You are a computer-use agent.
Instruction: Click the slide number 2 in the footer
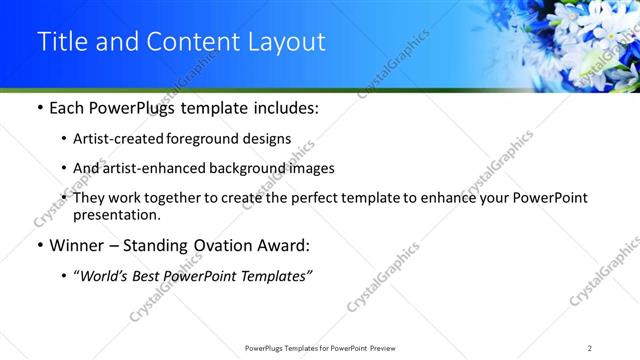click(x=590, y=347)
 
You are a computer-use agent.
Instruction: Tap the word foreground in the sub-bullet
click(x=200, y=139)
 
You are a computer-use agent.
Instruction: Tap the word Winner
click(x=78, y=245)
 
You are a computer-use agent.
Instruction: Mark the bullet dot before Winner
click(x=38, y=246)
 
